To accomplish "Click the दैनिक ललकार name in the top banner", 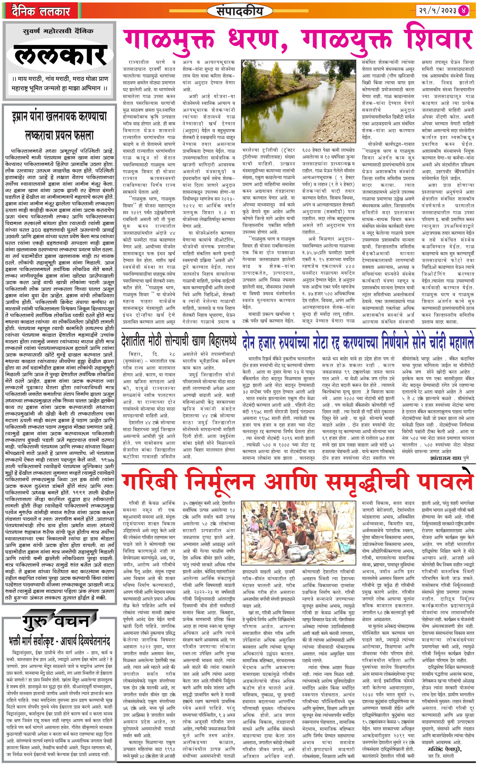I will coord(41,12).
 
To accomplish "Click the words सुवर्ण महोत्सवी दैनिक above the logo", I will coord(58,31).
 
